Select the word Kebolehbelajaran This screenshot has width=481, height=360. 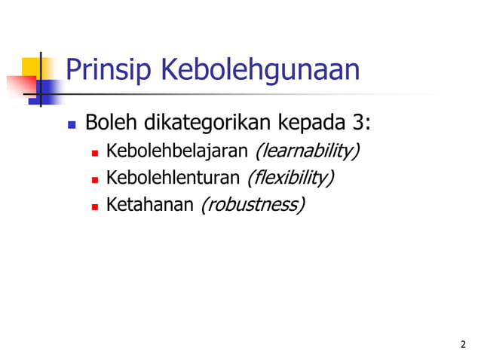click(177, 152)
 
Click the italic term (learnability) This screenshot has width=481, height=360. click(307, 152)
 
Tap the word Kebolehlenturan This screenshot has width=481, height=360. click(173, 178)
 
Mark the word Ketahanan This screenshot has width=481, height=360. click(150, 204)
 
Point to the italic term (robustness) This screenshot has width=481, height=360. click(252, 204)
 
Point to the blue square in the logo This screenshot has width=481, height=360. click(47, 90)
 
